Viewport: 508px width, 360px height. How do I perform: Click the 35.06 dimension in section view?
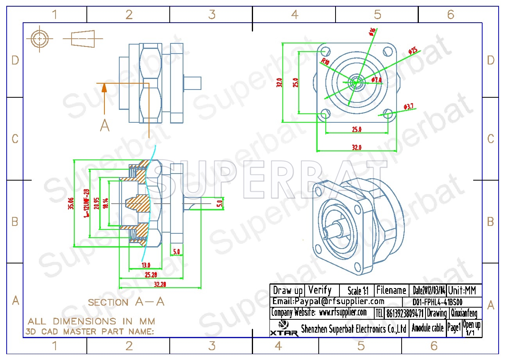point(71,203)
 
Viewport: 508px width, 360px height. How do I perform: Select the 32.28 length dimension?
point(160,285)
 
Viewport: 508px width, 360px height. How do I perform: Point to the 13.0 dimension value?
point(145,265)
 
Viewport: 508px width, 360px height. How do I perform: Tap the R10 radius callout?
point(325,62)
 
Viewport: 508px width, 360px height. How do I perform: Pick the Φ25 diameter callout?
point(413,50)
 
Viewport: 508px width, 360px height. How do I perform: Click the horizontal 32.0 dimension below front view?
point(357,147)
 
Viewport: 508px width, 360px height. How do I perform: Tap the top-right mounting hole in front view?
point(388,51)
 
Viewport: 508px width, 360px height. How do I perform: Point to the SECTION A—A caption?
point(126,302)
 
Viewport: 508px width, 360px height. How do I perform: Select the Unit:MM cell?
point(464,290)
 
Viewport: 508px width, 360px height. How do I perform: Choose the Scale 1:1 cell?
point(358,291)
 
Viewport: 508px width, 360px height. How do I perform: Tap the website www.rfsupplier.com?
point(343,312)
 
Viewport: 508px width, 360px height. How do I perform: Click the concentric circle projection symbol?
point(39,39)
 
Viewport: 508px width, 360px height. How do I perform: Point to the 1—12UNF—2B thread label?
point(87,203)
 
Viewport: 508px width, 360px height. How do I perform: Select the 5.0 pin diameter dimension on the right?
point(219,203)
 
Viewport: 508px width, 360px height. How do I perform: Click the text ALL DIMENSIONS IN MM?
point(91,321)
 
